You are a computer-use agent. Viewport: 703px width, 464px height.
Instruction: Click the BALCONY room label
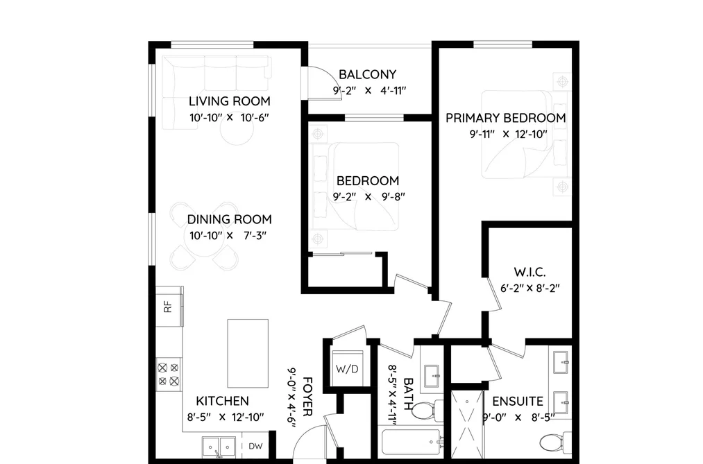367,74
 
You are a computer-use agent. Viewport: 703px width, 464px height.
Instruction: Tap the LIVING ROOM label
229,101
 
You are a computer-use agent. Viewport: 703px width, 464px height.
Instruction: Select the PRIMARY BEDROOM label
505,118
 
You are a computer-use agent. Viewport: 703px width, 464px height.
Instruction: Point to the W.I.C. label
530,272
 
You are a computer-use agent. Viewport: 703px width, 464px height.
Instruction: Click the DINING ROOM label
229,219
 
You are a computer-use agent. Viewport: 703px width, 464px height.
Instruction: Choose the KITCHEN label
222,401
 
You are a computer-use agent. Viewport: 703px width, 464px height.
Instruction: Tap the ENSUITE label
518,401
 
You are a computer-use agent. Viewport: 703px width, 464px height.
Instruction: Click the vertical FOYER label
307,396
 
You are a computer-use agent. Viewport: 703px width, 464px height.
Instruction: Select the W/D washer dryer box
347,368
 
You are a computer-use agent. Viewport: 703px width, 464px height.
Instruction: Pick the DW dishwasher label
255,446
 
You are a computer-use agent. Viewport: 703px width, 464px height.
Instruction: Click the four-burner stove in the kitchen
169,375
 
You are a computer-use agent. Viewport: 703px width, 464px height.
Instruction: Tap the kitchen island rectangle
248,353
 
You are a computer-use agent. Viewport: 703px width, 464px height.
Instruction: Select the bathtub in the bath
412,443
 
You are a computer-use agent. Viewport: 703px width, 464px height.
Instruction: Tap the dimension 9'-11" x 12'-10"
509,135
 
